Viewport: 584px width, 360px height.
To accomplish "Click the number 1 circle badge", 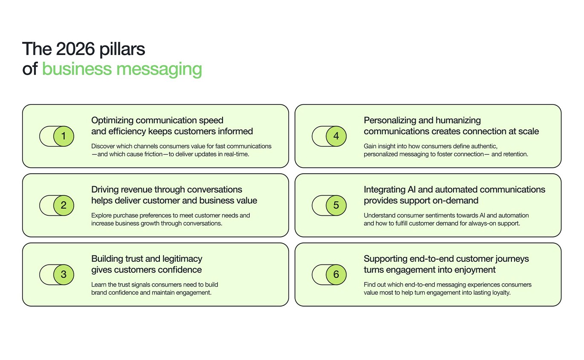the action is click(64, 136).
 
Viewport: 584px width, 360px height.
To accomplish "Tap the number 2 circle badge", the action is click(64, 206).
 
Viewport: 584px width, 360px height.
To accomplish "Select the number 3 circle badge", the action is click(64, 275).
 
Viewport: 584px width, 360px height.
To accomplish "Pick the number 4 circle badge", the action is click(336, 136).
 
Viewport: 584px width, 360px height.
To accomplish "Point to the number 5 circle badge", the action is click(336, 206).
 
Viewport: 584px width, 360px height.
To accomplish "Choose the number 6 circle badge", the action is click(336, 275).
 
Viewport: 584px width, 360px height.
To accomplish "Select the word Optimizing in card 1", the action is click(111, 120).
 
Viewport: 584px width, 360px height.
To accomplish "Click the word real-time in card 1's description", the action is click(236, 154).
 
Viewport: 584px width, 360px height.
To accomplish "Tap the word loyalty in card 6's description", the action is click(500, 293).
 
